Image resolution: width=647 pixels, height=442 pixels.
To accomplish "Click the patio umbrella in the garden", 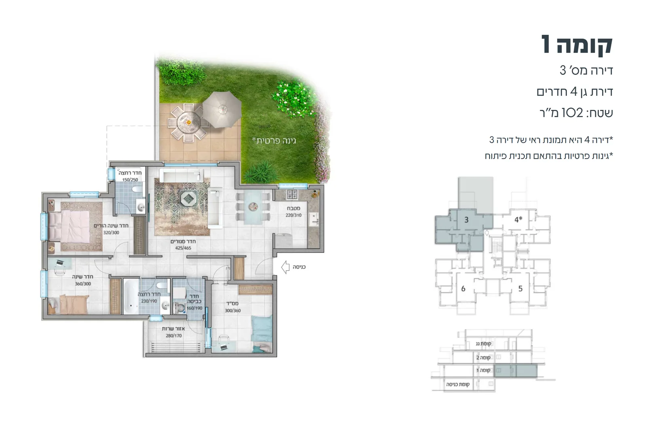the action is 222,109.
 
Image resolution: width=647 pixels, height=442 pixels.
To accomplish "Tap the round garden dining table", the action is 188,122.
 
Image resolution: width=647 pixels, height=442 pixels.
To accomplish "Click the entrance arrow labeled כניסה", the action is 285,267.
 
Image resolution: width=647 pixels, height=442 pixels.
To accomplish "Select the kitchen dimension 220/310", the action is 294,215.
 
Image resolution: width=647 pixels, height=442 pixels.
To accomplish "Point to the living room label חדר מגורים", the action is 183,241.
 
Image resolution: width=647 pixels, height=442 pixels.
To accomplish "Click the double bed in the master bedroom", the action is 69,226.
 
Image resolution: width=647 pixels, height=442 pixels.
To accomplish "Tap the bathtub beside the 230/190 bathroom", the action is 131,296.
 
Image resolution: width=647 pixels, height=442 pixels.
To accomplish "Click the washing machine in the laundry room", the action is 180,308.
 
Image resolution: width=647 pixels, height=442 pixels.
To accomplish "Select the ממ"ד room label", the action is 233,303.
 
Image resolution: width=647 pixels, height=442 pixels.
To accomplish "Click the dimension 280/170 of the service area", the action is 174,336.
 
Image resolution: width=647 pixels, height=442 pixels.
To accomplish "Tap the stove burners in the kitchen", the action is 292,194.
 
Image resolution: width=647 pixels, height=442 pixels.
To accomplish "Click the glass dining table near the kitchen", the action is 253,206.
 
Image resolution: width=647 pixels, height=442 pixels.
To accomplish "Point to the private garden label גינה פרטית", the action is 274,141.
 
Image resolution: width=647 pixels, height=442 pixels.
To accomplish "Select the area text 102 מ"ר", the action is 576,113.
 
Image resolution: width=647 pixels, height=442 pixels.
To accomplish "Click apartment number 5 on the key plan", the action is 520,288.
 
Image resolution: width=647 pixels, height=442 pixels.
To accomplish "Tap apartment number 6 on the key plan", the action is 463,288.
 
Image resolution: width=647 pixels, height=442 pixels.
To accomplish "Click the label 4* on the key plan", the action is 518,219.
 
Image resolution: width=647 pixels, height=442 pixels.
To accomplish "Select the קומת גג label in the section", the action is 484,343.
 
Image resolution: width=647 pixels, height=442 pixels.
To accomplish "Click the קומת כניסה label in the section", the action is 458,384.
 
